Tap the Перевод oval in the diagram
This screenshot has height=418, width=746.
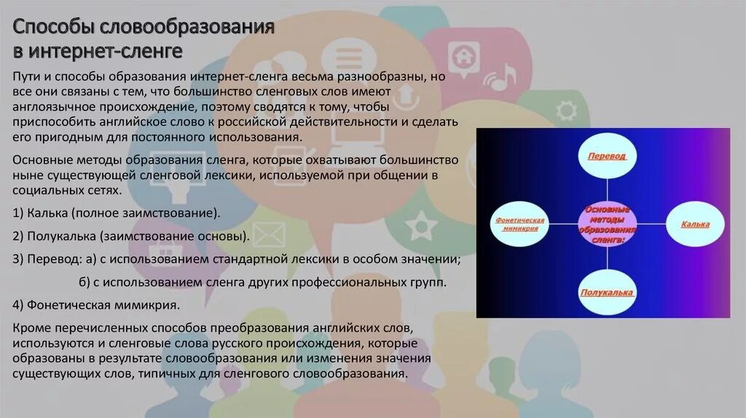tap(608, 155)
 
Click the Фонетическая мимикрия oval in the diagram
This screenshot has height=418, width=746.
tap(520, 224)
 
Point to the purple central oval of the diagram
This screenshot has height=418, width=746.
tap(608, 224)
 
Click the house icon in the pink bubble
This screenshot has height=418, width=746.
tap(460, 56)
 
